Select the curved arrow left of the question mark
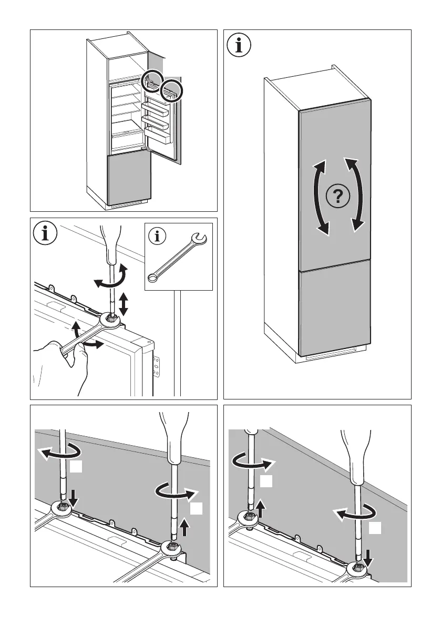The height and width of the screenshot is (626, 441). pos(319,198)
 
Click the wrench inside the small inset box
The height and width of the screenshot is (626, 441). pos(178,257)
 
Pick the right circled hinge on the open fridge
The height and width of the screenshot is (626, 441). pos(171,90)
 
